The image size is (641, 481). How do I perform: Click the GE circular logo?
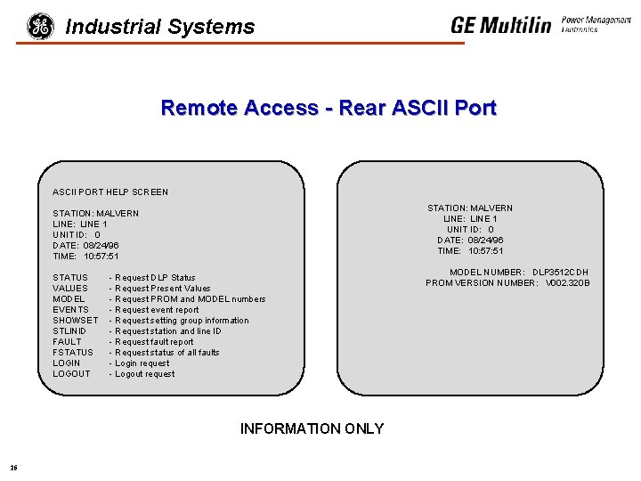pyautogui.click(x=40, y=27)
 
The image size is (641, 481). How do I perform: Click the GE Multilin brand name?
pyautogui.click(x=500, y=25)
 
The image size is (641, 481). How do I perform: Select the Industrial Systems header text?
pyautogui.click(x=160, y=28)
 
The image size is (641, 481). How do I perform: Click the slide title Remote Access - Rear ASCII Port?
pyautogui.click(x=329, y=109)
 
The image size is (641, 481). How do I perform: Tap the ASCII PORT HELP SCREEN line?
pyautogui.click(x=110, y=192)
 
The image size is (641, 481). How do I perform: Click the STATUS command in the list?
pyautogui.click(x=70, y=278)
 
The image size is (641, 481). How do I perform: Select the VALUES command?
pyautogui.click(x=70, y=289)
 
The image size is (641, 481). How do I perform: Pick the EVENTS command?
pyautogui.click(x=71, y=310)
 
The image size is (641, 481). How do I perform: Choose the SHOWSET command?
pyautogui.click(x=76, y=321)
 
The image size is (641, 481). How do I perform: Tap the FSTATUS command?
pyautogui.click(x=73, y=353)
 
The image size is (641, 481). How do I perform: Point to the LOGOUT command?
pyautogui.click(x=72, y=374)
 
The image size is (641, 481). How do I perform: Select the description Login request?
pyautogui.click(x=142, y=363)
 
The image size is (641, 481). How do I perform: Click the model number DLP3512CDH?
pyautogui.click(x=561, y=273)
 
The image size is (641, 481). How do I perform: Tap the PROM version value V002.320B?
pyautogui.click(x=568, y=283)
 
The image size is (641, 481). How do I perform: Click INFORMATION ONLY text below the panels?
pyautogui.click(x=312, y=429)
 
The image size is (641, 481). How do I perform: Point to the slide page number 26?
pyautogui.click(x=13, y=468)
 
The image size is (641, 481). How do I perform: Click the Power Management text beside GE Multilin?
pyautogui.click(x=596, y=20)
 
